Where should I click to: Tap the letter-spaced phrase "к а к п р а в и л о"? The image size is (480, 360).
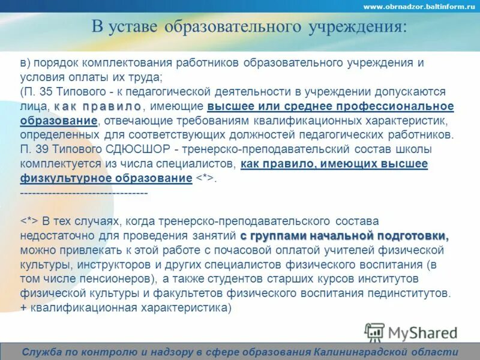pos(97,106)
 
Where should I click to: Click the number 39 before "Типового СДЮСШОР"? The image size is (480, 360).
pos(44,149)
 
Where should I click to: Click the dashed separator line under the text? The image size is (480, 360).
pos(84,193)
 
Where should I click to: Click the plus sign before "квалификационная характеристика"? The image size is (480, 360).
pos(23,308)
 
